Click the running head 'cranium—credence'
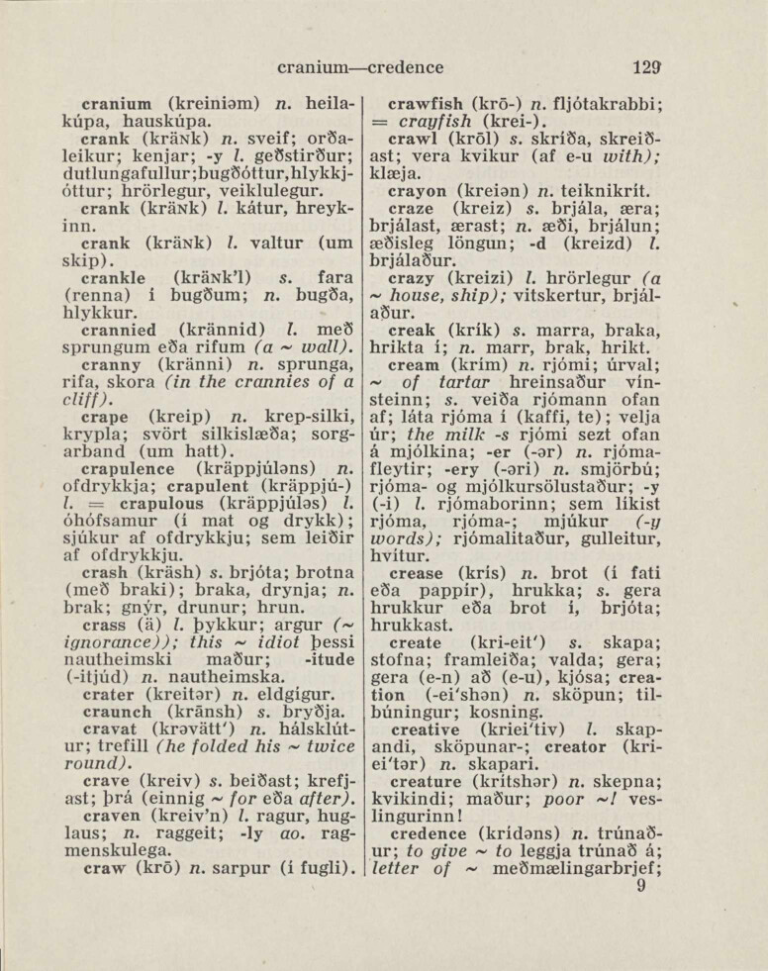coord(360,68)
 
